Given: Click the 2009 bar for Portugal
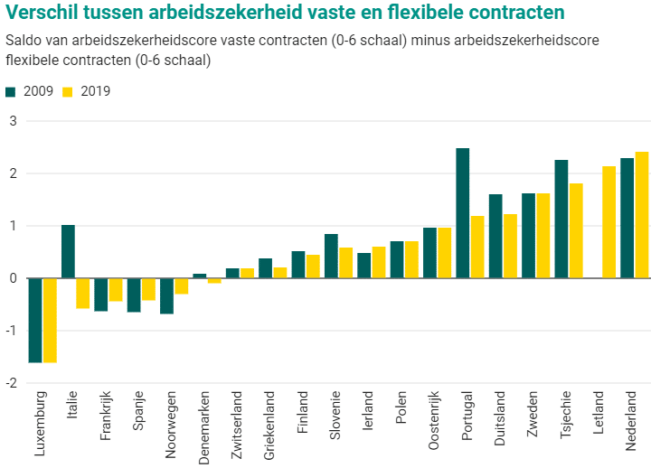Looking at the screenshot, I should tap(462, 213).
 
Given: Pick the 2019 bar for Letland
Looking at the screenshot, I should tap(609, 222).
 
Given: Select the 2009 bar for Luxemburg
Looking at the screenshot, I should tap(35, 320).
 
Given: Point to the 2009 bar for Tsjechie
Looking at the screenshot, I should tap(561, 220).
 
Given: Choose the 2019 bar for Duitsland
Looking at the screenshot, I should tap(510, 246).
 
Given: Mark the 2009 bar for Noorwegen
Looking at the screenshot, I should tap(166, 295).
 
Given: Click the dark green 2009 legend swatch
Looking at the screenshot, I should tap(11, 91).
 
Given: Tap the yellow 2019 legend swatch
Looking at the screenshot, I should tap(68, 91).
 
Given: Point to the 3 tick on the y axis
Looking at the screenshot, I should tap(13, 121).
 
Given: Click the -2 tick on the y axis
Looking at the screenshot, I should tap(11, 383).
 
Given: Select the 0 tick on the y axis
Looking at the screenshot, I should tap(13, 278).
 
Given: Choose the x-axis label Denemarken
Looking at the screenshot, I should tap(204, 426).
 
